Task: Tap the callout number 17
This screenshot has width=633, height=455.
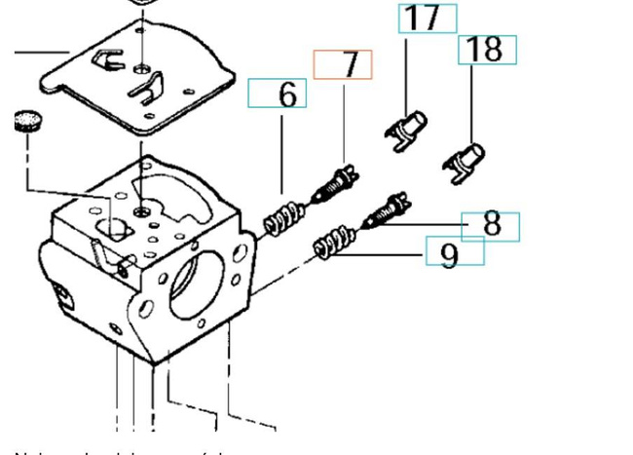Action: click(x=427, y=18)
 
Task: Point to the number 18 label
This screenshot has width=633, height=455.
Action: click(x=487, y=50)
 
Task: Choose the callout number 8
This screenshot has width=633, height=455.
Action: click(x=491, y=226)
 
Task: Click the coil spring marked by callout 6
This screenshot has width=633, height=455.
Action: click(x=281, y=217)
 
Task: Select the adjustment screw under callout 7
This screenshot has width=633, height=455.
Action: click(x=336, y=185)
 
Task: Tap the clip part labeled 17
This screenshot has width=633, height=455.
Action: click(x=407, y=130)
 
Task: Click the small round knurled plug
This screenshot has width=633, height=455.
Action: click(x=30, y=122)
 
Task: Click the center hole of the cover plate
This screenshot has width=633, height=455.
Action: click(x=143, y=69)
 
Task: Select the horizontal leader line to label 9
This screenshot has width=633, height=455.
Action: click(x=390, y=255)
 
